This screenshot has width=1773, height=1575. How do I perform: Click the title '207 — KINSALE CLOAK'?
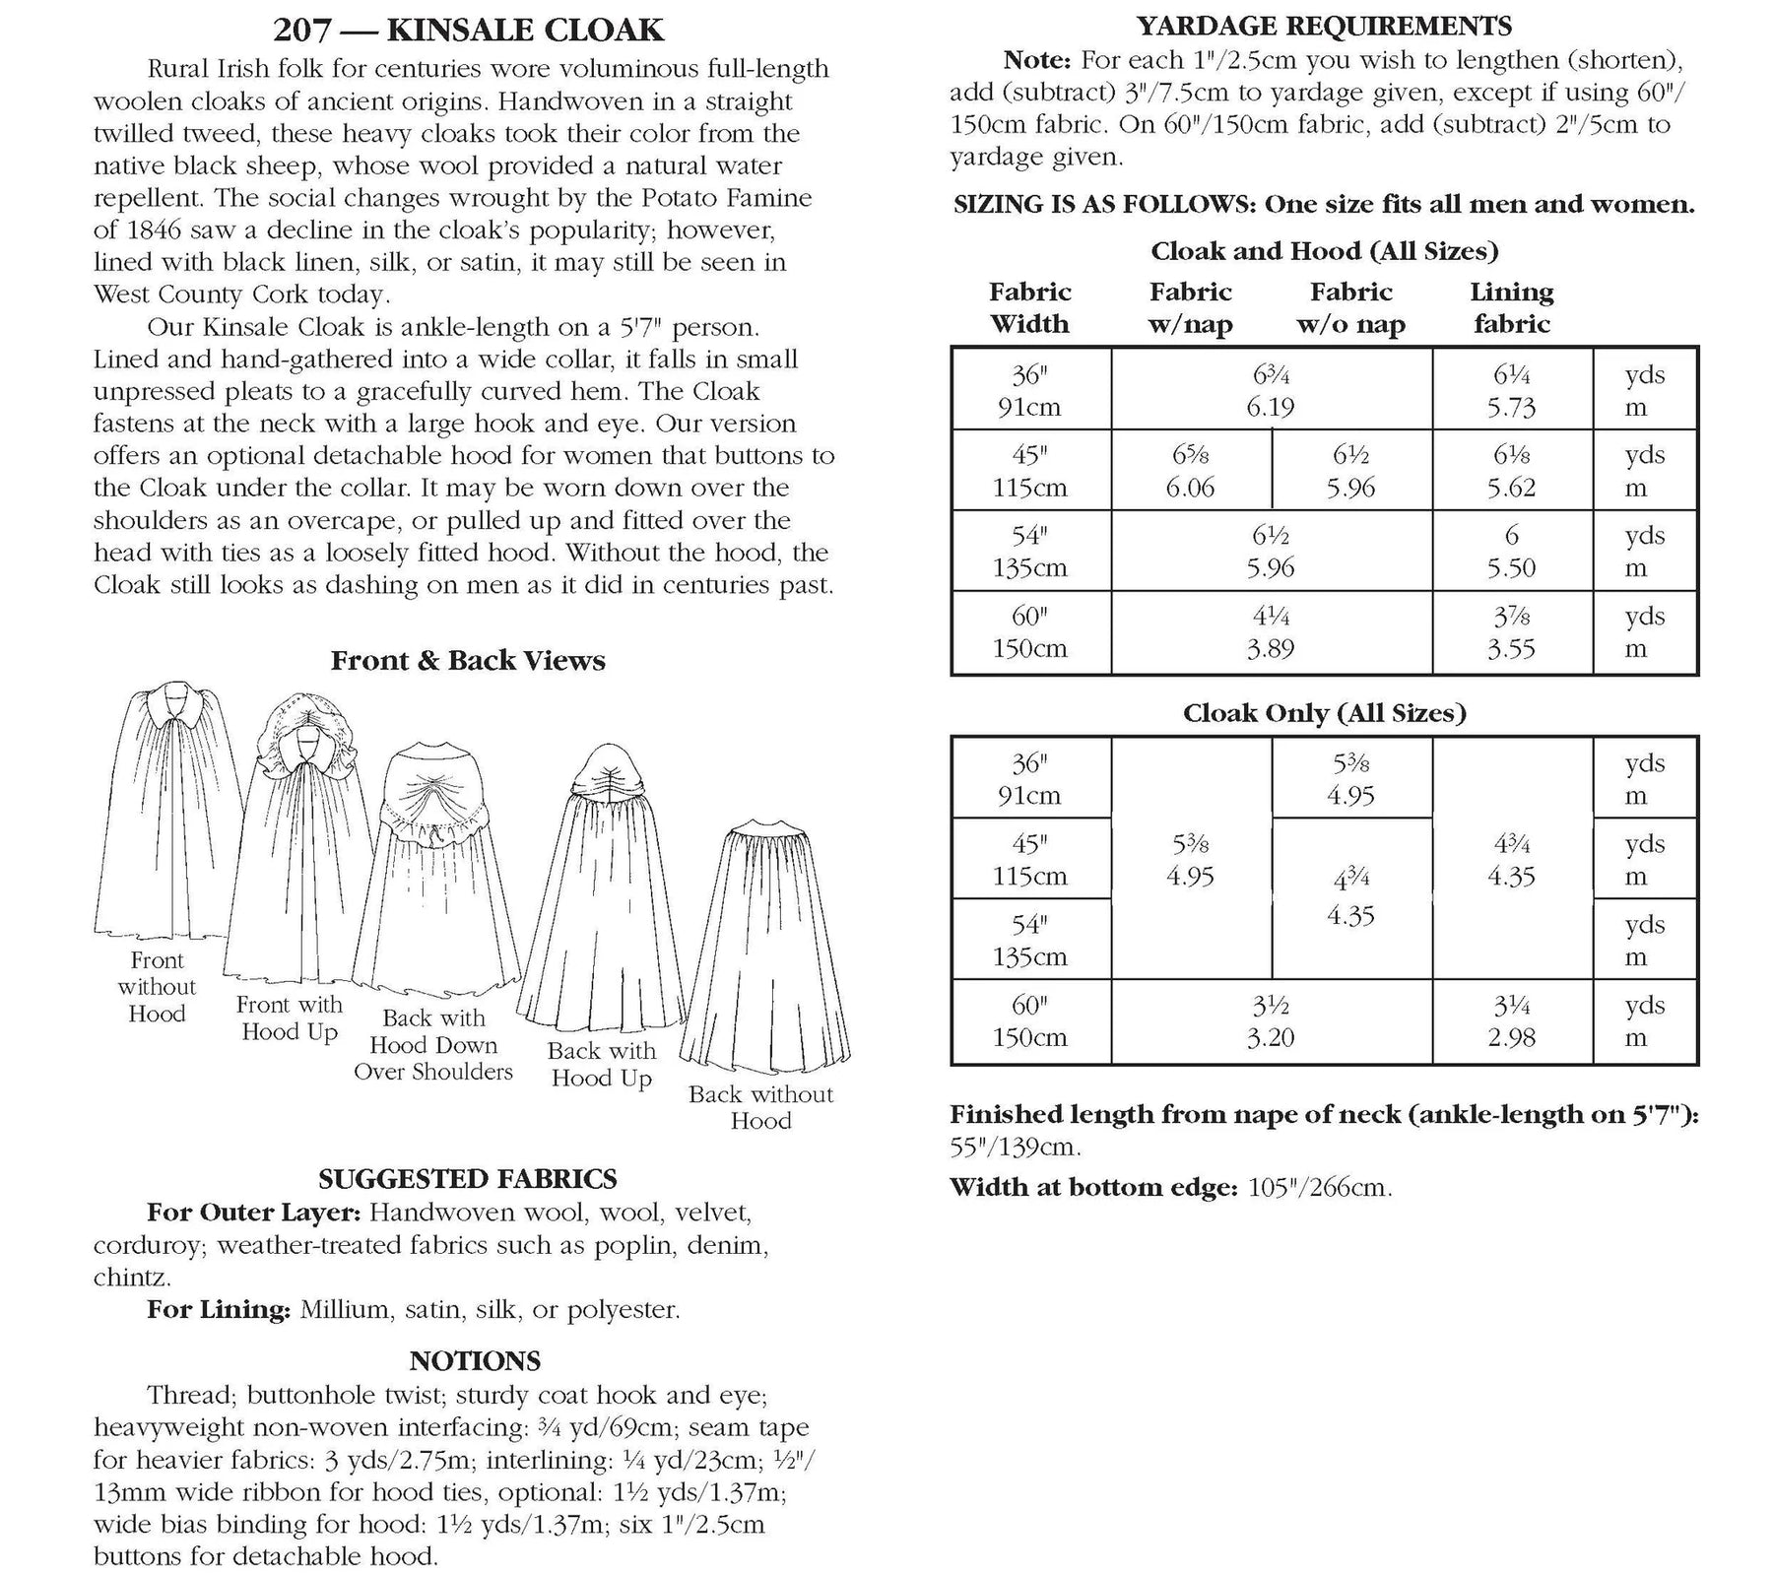pos(469,31)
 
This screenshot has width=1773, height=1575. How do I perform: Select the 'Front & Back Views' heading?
pos(468,660)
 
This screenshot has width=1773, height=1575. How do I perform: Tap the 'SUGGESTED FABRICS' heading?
pos(468,1178)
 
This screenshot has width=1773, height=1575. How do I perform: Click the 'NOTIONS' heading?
pos(475,1361)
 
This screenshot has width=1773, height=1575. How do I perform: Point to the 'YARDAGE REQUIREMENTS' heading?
pos(1324,26)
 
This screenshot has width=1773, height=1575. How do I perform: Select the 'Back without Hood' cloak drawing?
pos(762,946)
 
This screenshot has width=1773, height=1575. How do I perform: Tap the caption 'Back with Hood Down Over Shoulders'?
pos(433,1045)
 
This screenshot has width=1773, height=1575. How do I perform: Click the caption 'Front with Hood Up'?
pos(290,1018)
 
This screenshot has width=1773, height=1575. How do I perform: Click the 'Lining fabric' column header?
pos(1511,307)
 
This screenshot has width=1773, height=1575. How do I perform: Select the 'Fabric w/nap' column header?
pos(1190,307)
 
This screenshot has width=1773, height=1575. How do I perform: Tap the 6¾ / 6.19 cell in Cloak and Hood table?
pos(1271,390)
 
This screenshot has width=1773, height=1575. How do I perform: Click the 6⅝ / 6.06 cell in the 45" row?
pos(1190,471)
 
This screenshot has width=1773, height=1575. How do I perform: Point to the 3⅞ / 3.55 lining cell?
pos(1511,632)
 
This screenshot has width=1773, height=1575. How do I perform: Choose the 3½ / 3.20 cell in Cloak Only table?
pos(1271,1021)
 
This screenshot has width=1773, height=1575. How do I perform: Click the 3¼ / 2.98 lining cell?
pos(1511,1021)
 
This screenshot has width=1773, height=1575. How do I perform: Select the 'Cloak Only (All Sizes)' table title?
pos(1324,712)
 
